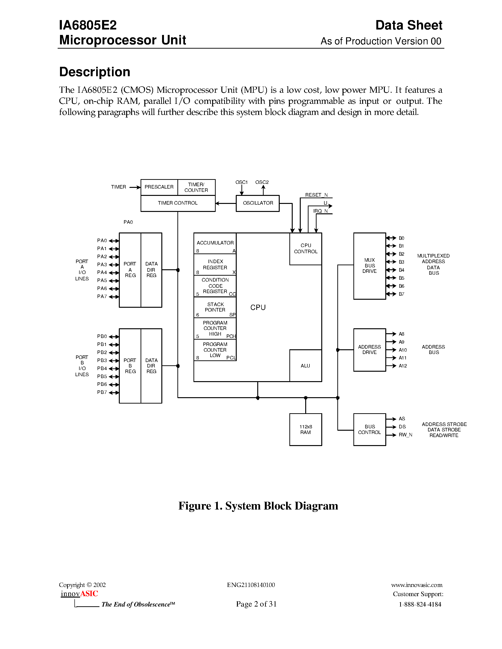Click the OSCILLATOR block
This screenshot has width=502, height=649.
pyautogui.click(x=257, y=203)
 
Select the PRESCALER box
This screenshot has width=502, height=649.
pyautogui.click(x=159, y=187)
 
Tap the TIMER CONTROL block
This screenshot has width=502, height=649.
pyautogui.click(x=178, y=203)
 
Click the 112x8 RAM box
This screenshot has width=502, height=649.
pyautogui.click(x=305, y=430)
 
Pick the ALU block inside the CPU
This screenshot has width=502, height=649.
pyautogui.click(x=305, y=366)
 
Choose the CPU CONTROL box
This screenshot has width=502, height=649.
pyautogui.click(x=305, y=249)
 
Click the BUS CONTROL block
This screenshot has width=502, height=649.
pyautogui.click(x=369, y=430)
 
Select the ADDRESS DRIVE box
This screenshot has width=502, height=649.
pyautogui.click(x=369, y=350)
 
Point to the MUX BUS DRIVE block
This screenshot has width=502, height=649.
pyautogui.click(x=369, y=266)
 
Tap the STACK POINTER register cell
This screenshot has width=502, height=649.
pyautogui.click(x=215, y=308)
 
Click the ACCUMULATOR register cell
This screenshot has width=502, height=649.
pyautogui.click(x=215, y=243)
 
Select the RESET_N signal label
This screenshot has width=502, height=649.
pyautogui.click(x=316, y=195)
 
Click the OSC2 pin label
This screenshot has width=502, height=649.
pyautogui.click(x=262, y=182)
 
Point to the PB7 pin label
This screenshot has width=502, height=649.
pyautogui.click(x=102, y=392)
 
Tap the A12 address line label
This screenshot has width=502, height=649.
pyautogui.click(x=403, y=366)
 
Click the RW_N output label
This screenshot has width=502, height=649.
pyautogui.click(x=405, y=435)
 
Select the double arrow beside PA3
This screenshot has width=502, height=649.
pyautogui.click(x=114, y=265)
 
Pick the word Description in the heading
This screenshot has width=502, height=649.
pyautogui.click(x=94, y=72)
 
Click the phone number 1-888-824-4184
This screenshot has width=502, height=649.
pyautogui.click(x=420, y=604)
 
